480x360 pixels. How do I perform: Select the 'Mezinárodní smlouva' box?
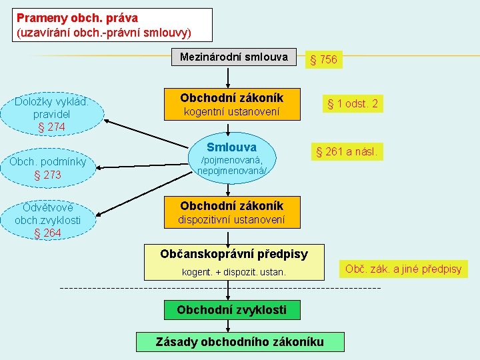point(233,57)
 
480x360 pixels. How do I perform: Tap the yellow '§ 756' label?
point(322,60)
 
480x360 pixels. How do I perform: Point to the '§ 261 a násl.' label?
point(346,152)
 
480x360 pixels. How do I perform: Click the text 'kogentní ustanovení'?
point(231,112)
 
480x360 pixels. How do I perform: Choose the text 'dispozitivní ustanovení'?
point(231,219)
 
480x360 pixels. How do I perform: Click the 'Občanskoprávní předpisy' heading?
point(234,254)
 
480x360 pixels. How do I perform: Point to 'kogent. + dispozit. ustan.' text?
point(234,272)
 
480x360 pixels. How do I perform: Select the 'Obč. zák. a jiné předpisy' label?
point(403,269)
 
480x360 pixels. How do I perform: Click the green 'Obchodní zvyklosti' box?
point(231,309)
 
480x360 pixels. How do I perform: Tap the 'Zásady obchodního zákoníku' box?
point(240,342)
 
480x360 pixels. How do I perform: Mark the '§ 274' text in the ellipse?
point(51,127)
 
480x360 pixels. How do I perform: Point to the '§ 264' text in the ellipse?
point(48,233)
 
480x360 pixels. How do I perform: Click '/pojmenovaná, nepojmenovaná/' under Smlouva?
point(231,166)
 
